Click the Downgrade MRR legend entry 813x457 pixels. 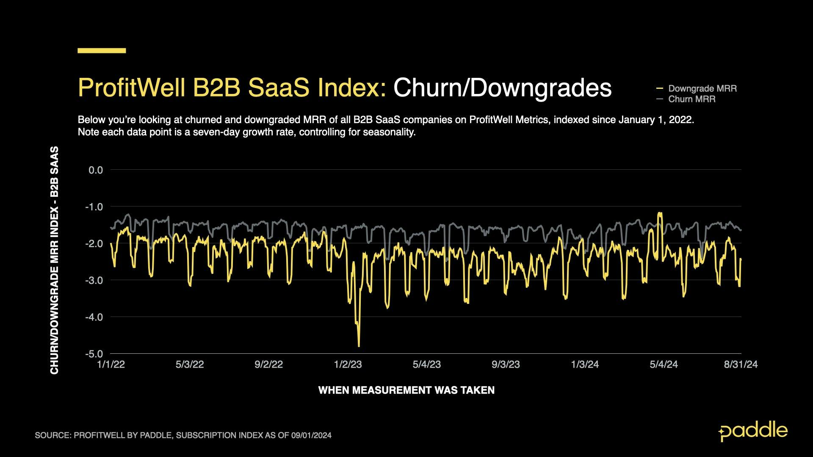[702, 88]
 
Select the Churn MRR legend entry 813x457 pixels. [691, 99]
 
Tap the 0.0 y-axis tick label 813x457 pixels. [96, 170]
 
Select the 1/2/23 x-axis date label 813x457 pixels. [348, 364]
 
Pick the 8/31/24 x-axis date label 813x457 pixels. [741, 364]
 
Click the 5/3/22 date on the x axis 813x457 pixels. [190, 364]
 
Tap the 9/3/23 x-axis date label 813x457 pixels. [506, 364]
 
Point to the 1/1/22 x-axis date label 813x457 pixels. [111, 364]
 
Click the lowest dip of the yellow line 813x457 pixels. [359, 346]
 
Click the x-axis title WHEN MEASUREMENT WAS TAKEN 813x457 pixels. [406, 390]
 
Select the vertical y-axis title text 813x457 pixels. [54, 260]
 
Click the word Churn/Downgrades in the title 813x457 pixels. [502, 88]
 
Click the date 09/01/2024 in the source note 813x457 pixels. [311, 435]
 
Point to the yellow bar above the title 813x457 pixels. [102, 51]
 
